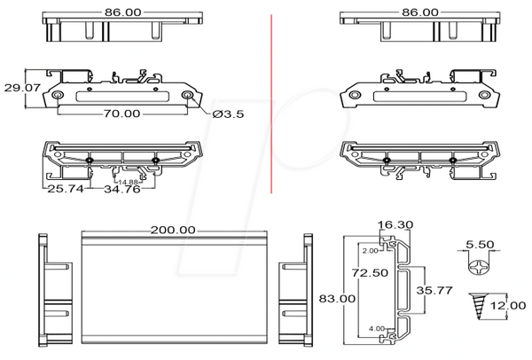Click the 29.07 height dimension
(22, 88)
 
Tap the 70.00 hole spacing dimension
(121, 113)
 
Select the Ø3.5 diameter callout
(228, 114)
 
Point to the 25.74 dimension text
(65, 189)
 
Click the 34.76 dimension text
(122, 189)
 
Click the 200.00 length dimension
(173, 230)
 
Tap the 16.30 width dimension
(395, 224)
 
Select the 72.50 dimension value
(370, 272)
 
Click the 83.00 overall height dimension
(337, 299)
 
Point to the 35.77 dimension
(434, 291)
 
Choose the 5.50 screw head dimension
(480, 245)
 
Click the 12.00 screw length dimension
(508, 306)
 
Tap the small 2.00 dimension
(370, 251)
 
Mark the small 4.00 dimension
(377, 328)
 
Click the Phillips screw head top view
(479, 266)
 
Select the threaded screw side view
(478, 306)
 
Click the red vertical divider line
(271, 104)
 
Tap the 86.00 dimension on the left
(122, 12)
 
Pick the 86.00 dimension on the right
(420, 12)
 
